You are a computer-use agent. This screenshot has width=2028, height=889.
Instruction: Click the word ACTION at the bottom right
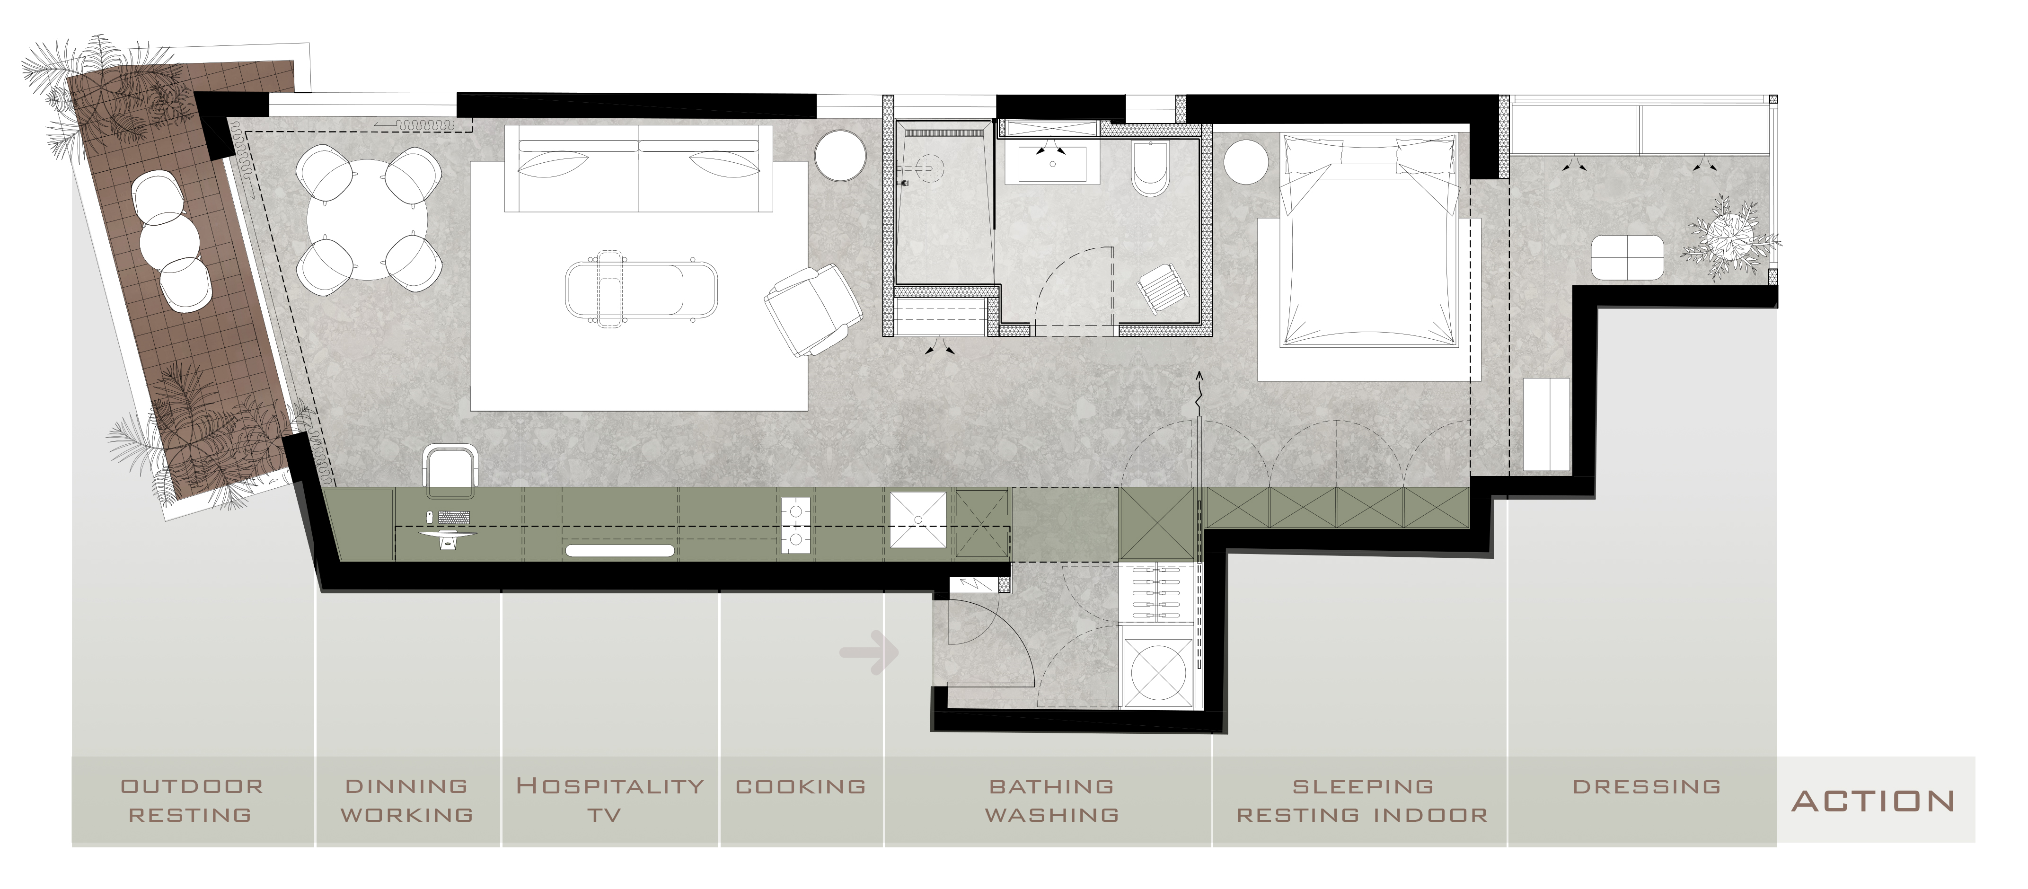pos(1873,801)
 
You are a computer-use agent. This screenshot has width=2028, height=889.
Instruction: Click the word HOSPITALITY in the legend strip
pos(609,786)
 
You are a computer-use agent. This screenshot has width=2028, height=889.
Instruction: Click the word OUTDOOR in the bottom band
pos(192,786)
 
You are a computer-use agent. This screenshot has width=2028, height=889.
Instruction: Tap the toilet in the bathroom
pos(1150,167)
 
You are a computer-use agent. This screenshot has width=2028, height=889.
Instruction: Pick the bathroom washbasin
pos(1053,163)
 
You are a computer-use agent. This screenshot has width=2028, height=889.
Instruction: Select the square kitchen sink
pos(918,519)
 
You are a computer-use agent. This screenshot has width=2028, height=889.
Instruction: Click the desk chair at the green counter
pos(450,470)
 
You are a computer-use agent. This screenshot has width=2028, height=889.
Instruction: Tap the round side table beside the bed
pos(1245,161)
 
